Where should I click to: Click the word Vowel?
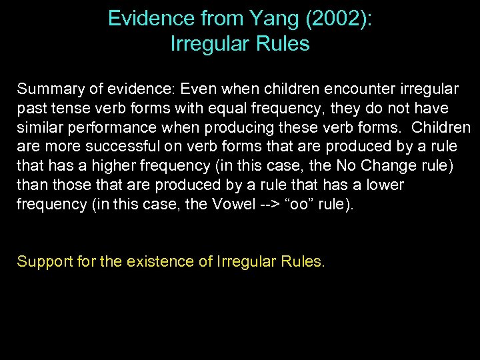[x=225, y=204]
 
